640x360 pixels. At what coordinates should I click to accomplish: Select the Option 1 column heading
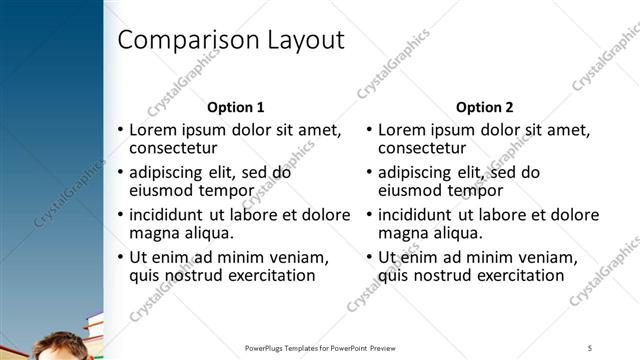[x=235, y=107]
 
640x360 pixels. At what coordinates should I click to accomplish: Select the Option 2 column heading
[x=485, y=107]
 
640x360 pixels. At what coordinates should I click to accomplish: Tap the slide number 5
[x=590, y=347]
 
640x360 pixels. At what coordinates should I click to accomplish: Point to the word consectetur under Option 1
[x=174, y=148]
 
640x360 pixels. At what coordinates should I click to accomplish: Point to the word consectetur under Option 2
[x=423, y=148]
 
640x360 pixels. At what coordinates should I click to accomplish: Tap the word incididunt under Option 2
[x=421, y=215]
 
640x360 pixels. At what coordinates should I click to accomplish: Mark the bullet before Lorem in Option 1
[x=121, y=130]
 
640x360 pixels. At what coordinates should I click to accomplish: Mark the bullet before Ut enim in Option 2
[x=370, y=257]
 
